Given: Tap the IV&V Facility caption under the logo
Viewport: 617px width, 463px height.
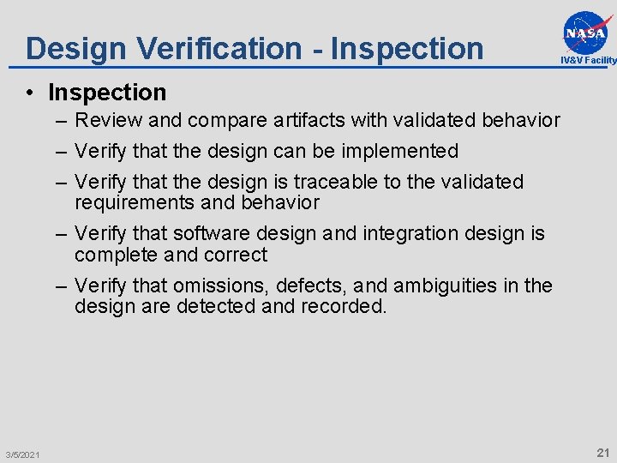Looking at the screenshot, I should (x=588, y=60).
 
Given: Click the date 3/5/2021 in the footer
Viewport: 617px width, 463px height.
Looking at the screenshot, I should (x=21, y=454).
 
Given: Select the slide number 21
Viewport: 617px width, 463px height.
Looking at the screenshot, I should (x=602, y=452).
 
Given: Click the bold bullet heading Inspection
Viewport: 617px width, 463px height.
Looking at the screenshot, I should (x=107, y=92).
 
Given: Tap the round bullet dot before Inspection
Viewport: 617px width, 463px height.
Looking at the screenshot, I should (x=30, y=93).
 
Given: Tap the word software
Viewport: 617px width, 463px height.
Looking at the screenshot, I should (x=213, y=233).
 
